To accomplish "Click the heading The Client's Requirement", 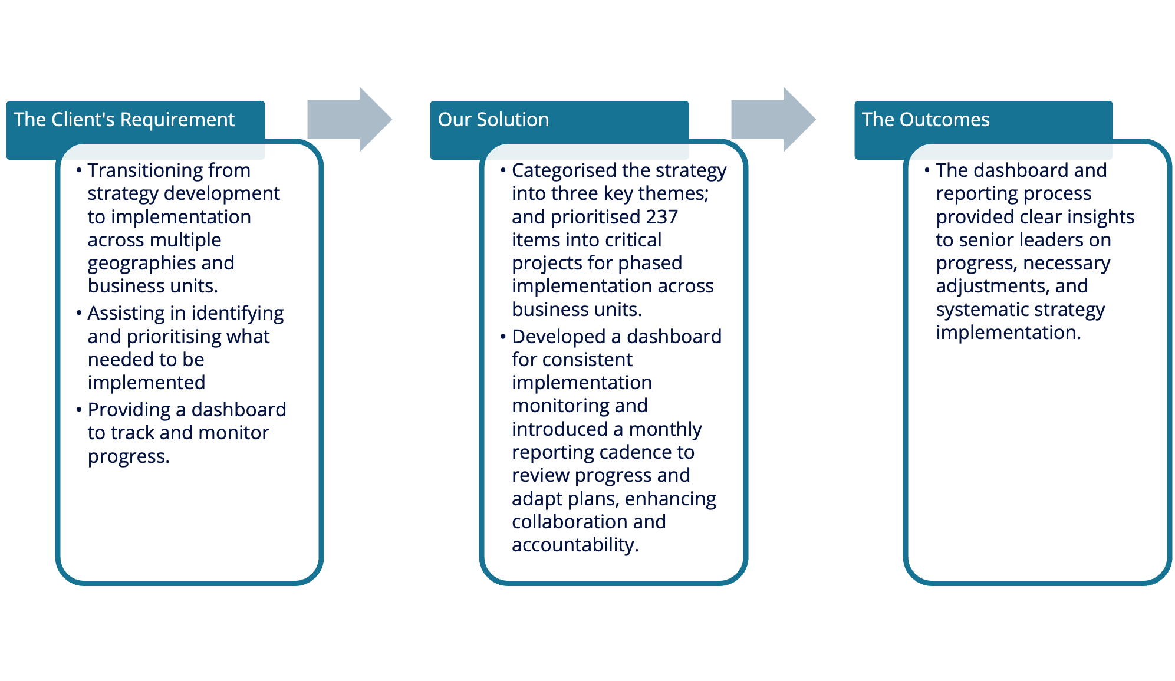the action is click(124, 120).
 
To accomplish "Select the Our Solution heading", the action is click(493, 120).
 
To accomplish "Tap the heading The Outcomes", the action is click(926, 120).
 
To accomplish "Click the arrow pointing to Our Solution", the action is click(350, 120).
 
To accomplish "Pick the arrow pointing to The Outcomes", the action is click(774, 120).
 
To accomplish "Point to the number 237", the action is click(661, 217).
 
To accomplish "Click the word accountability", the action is click(575, 545).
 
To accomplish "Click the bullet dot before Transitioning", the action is click(79, 170).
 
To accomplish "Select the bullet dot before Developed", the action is click(503, 337).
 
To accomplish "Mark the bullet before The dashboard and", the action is click(927, 170).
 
